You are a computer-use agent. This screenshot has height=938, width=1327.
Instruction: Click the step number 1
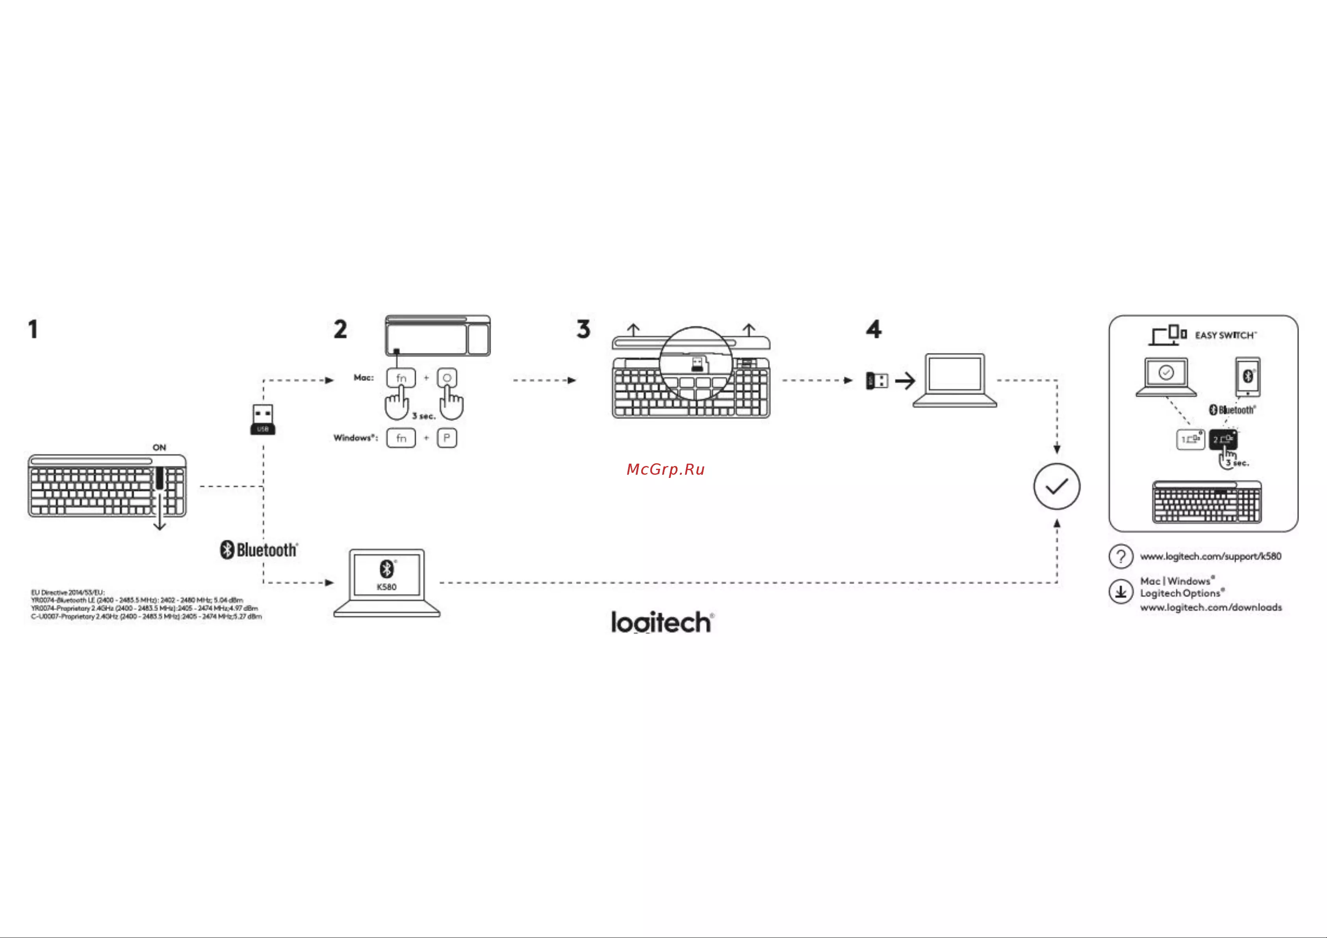[33, 329]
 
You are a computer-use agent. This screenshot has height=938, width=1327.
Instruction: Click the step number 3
[583, 329]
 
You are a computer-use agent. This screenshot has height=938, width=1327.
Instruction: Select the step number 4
[873, 329]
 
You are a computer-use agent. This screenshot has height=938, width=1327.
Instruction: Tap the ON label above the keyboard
[159, 447]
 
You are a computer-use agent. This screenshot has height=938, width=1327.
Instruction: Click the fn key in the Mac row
[401, 378]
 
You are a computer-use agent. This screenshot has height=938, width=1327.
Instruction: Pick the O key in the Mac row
[447, 378]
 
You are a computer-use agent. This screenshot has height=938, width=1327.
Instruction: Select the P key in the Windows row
[447, 438]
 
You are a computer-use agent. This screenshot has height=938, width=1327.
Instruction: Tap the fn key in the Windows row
[401, 438]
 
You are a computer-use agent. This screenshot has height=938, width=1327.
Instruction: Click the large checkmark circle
[1056, 487]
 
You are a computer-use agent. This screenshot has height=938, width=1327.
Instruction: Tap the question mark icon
[1121, 557]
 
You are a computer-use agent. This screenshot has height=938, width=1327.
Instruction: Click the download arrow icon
[1121, 592]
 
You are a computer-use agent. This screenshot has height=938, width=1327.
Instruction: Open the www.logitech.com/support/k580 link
[1210, 557]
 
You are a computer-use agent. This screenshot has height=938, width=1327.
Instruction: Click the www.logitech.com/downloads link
[1211, 607]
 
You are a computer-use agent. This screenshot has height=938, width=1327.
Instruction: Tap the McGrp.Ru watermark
[665, 469]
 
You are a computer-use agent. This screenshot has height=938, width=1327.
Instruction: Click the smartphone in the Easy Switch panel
[1248, 376]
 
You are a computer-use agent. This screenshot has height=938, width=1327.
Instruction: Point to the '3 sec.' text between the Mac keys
[424, 416]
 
